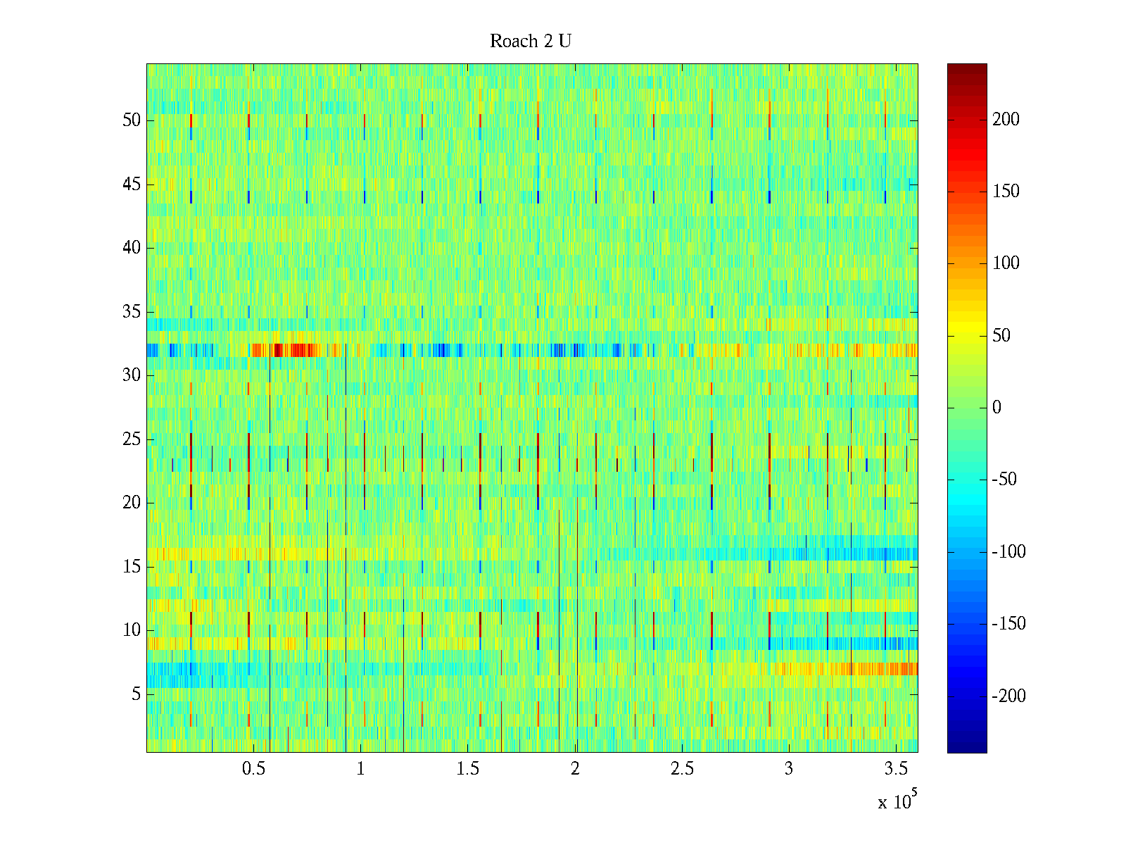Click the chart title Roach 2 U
click(x=531, y=42)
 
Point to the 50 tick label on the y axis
click(x=132, y=120)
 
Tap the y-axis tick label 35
click(x=132, y=312)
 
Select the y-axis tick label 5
click(x=136, y=694)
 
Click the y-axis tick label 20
click(x=132, y=503)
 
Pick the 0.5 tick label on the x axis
click(x=253, y=769)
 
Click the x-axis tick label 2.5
click(x=682, y=769)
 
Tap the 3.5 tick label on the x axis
click(x=896, y=769)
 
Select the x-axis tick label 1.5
click(x=467, y=769)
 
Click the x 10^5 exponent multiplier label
click(x=897, y=801)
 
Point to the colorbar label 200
click(x=1006, y=120)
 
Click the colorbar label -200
click(x=1008, y=696)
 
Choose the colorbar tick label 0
click(x=997, y=408)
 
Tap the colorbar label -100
click(x=1008, y=552)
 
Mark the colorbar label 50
click(x=1001, y=336)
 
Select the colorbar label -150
click(x=1008, y=624)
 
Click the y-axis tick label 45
click(x=132, y=184)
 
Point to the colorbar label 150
click(x=1006, y=192)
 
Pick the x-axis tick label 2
click(x=575, y=769)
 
